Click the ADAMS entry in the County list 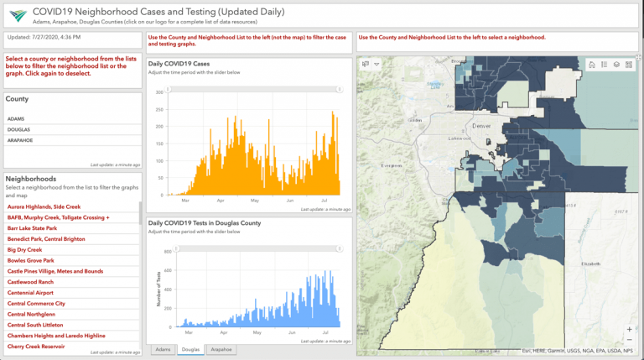pos(16,119)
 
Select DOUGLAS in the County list pos(18,130)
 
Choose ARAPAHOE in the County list pos(21,140)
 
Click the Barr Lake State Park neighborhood pos(32,228)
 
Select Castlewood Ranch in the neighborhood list pos(30,282)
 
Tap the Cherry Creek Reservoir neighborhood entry pos(36,347)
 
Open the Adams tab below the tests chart pos(163,349)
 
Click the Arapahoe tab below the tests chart pos(221,349)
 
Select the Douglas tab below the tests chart pos(190,349)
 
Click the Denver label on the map pos(480,125)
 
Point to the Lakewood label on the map pos(460,138)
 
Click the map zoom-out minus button pos(629,341)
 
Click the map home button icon pos(592,65)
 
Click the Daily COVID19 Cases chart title pos(179,65)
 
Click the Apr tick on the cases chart pos(221,201)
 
